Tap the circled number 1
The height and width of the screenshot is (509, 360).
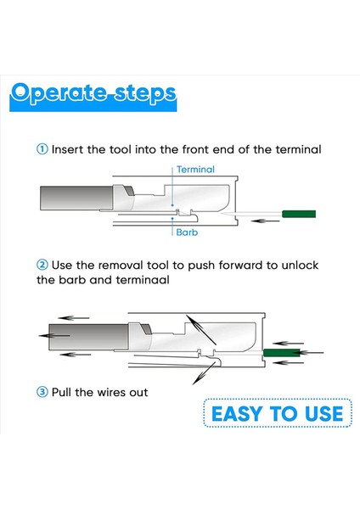tap(42, 149)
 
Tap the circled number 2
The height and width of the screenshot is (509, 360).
tap(42, 266)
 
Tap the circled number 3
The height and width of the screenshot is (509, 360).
tap(42, 392)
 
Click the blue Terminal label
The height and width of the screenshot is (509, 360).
tap(195, 170)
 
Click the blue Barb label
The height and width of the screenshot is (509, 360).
tap(188, 231)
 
